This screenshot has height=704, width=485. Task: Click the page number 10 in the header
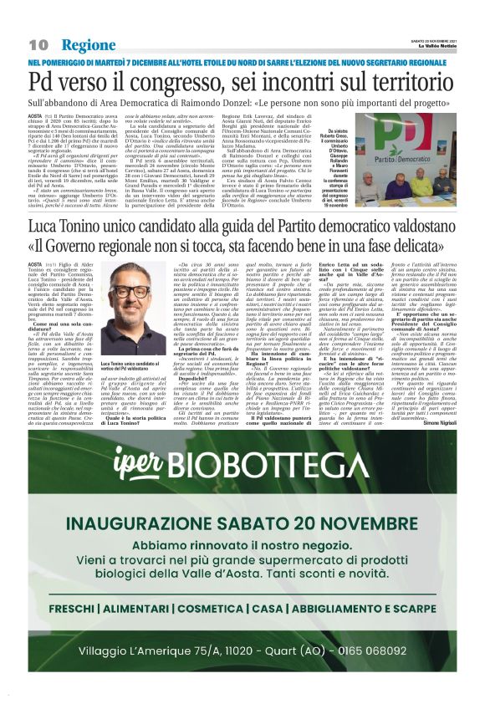pyautogui.click(x=38, y=44)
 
